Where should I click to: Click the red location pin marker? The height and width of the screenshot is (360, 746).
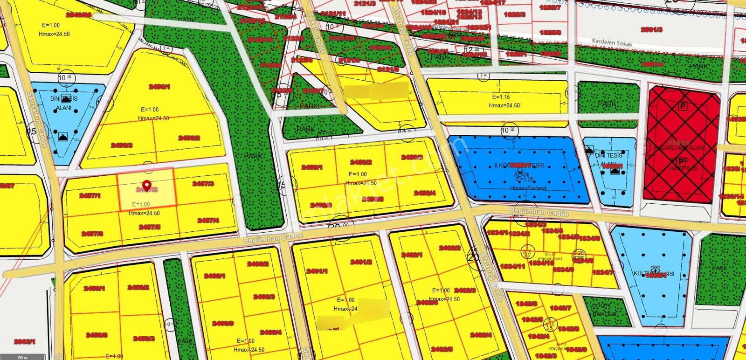point(147,186)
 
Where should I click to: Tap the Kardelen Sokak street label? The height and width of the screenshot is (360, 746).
point(612,42)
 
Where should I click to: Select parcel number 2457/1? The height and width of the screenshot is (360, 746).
point(90,196)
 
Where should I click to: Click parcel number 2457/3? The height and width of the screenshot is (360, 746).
point(203,184)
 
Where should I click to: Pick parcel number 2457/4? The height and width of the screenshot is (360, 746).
point(208,221)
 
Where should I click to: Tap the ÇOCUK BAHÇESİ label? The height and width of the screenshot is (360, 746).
point(605,310)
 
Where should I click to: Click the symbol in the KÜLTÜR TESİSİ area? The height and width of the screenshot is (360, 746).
point(655,269)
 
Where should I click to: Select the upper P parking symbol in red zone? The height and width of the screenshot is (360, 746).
point(683,106)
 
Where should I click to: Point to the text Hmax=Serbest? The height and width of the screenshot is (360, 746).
point(528,188)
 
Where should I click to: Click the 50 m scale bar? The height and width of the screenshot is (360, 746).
point(23,357)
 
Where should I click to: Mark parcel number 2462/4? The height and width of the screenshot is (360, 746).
point(481,335)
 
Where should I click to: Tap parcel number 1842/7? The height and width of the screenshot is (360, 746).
point(560,308)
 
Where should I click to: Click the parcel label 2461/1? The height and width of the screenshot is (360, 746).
point(317,271)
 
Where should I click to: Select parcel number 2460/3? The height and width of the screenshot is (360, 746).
point(264,297)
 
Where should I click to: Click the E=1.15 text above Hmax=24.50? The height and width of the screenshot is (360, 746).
point(501,97)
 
